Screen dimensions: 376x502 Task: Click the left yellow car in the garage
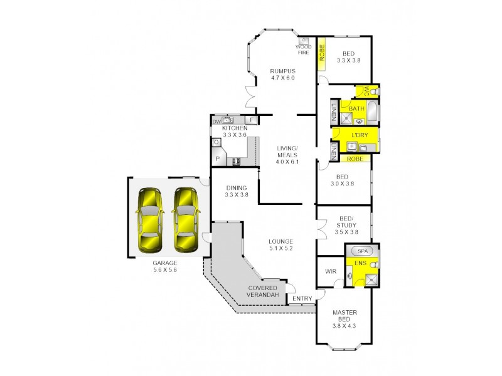click(150, 219)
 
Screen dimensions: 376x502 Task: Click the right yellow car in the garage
click(186, 219)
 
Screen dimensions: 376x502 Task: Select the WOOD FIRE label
click(303, 50)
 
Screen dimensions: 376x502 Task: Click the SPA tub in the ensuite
click(362, 251)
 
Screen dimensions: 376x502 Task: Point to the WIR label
click(329, 271)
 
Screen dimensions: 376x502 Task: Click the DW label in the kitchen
click(216, 122)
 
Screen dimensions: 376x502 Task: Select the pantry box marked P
click(218, 159)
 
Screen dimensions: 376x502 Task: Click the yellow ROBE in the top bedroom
click(320, 55)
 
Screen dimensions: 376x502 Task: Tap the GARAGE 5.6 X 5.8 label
click(165, 266)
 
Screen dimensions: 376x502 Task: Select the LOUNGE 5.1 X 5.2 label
click(281, 244)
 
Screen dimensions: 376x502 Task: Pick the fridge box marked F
click(252, 120)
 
